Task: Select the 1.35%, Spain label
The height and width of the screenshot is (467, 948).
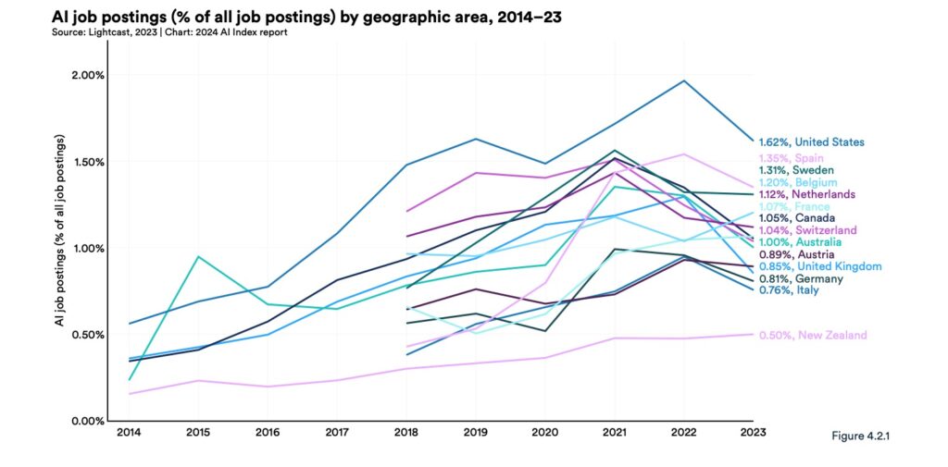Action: point(793,158)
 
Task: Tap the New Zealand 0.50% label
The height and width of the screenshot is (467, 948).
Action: point(812,335)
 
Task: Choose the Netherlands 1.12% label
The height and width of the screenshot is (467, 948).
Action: point(806,194)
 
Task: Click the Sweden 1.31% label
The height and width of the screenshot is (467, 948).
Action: point(797,170)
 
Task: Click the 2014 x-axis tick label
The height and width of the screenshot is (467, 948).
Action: point(130,432)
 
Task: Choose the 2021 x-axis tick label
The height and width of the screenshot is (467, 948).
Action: point(615,432)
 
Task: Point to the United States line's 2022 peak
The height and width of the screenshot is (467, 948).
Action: point(684,80)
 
